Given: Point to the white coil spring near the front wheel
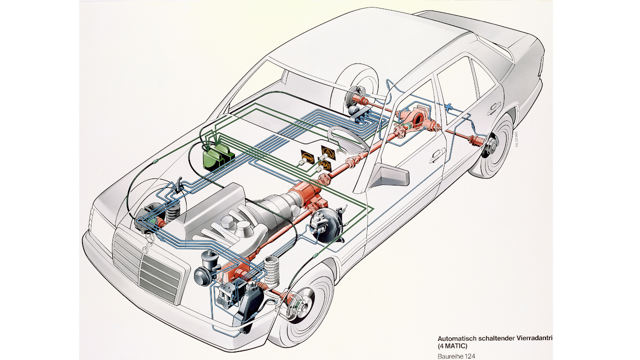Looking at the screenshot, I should (x=272, y=272).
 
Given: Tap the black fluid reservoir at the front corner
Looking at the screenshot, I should (x=247, y=305).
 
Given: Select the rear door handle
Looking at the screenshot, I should (x=494, y=106).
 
